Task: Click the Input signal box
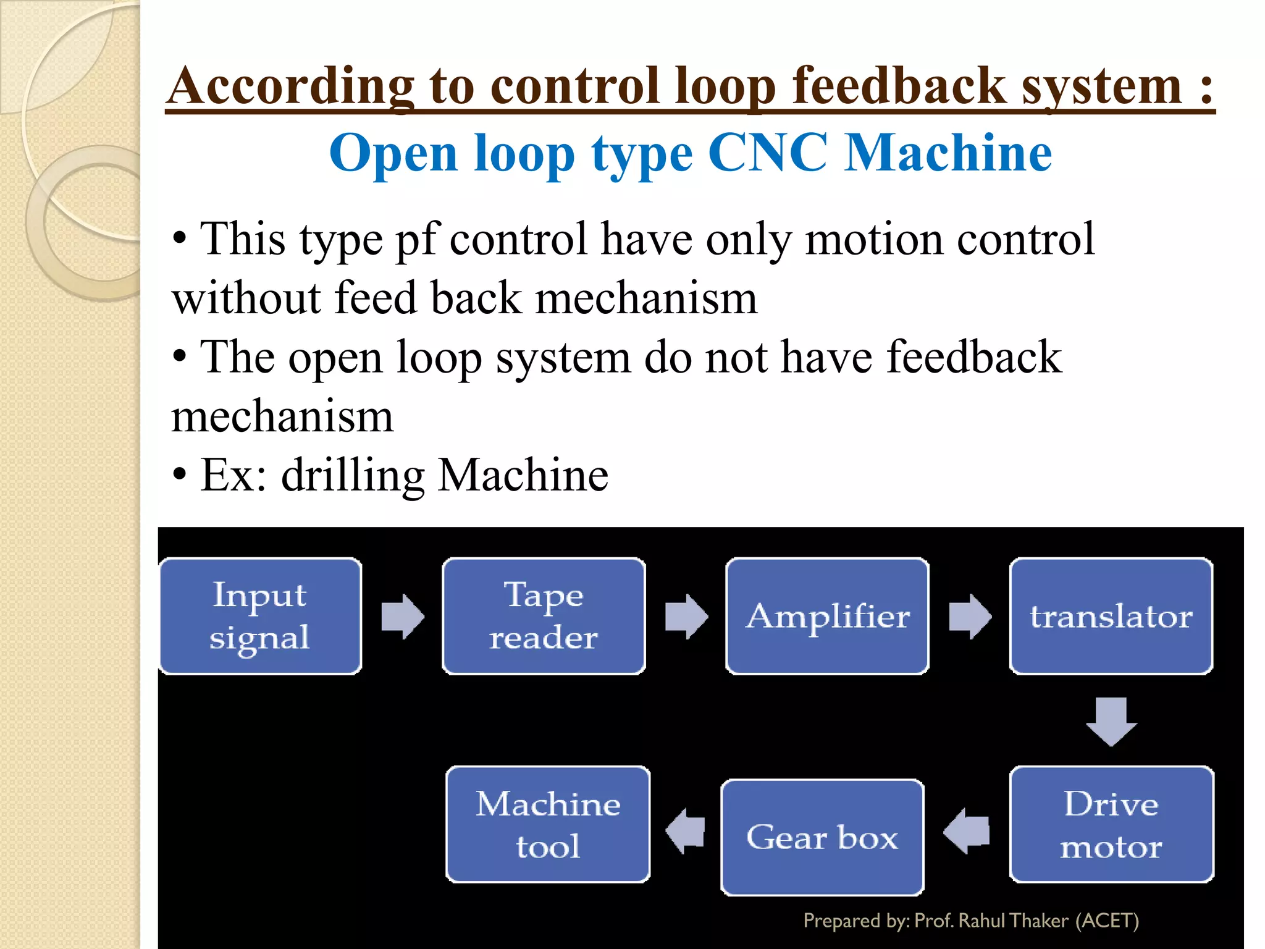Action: [x=260, y=616]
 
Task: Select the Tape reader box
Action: [x=544, y=616]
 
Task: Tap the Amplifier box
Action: [x=827, y=616]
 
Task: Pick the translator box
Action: [x=1111, y=616]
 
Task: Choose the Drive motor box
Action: [x=1111, y=824]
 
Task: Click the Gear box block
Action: [x=822, y=837]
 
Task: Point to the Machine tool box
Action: [x=548, y=824]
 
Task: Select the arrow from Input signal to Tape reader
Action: [x=403, y=616]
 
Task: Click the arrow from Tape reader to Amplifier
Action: [x=686, y=616]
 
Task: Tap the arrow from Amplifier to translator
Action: [x=970, y=616]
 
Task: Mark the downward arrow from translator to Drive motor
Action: [x=1111, y=721]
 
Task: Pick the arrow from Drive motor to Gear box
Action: [x=967, y=832]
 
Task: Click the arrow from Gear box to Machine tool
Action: [x=686, y=832]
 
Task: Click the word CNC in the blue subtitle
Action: [x=767, y=153]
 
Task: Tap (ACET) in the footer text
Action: [x=1107, y=921]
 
